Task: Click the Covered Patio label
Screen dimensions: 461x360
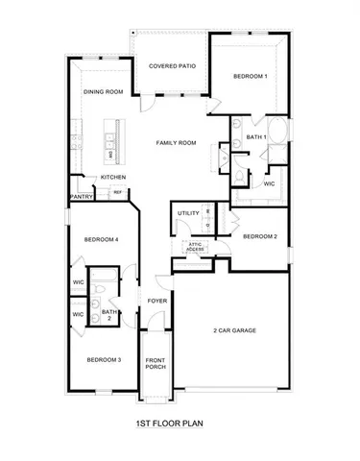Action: point(172,66)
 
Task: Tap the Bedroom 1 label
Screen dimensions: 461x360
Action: point(250,75)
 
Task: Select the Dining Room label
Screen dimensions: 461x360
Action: point(104,92)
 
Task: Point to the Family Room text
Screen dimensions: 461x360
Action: point(177,142)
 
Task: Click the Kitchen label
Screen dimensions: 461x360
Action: point(113,178)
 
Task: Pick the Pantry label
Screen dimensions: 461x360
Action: point(80,197)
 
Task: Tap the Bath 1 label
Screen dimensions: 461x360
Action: point(254,137)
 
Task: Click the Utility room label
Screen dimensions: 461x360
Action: point(188,213)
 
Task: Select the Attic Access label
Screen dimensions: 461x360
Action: point(194,247)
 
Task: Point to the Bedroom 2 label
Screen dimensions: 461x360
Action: point(259,236)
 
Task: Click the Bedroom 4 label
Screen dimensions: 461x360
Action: point(101,239)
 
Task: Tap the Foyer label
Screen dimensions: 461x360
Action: point(156,302)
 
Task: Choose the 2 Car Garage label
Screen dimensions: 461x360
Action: point(234,331)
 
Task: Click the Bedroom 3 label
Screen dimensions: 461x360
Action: point(104,359)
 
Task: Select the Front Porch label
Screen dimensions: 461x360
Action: point(156,364)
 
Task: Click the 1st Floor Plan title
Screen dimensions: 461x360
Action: point(169,421)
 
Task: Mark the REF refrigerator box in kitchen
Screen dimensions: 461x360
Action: point(117,192)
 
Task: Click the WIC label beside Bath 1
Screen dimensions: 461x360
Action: point(270,182)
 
